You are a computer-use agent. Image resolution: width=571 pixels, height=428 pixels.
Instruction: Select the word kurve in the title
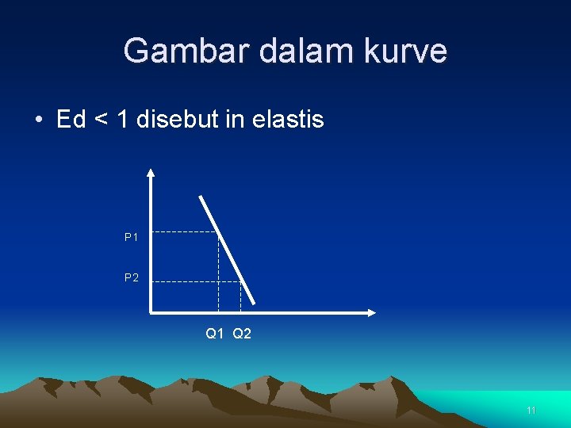[x=407, y=52]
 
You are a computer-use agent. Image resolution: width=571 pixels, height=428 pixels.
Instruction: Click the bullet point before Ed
[x=38, y=120]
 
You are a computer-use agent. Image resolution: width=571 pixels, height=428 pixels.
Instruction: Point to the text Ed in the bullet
[x=71, y=120]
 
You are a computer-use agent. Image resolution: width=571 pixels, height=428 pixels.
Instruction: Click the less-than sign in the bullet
[x=101, y=120]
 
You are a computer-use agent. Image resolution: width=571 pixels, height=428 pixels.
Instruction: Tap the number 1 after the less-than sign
[x=122, y=120]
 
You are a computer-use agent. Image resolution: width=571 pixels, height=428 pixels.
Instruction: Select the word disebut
[x=178, y=120]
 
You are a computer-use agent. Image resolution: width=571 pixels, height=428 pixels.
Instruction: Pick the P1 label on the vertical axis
[x=132, y=237]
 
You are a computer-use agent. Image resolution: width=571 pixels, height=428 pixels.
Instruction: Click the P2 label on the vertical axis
[x=132, y=277]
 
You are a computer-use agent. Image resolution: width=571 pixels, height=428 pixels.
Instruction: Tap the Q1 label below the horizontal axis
[x=215, y=334]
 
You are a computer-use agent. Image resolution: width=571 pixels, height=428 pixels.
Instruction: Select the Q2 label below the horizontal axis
[x=242, y=334]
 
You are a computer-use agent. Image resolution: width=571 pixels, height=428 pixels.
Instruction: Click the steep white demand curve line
[x=228, y=249]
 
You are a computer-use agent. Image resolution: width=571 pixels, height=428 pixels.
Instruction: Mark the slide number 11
[x=531, y=411]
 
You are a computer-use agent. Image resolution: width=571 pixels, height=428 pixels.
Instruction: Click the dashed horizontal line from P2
[x=194, y=281]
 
